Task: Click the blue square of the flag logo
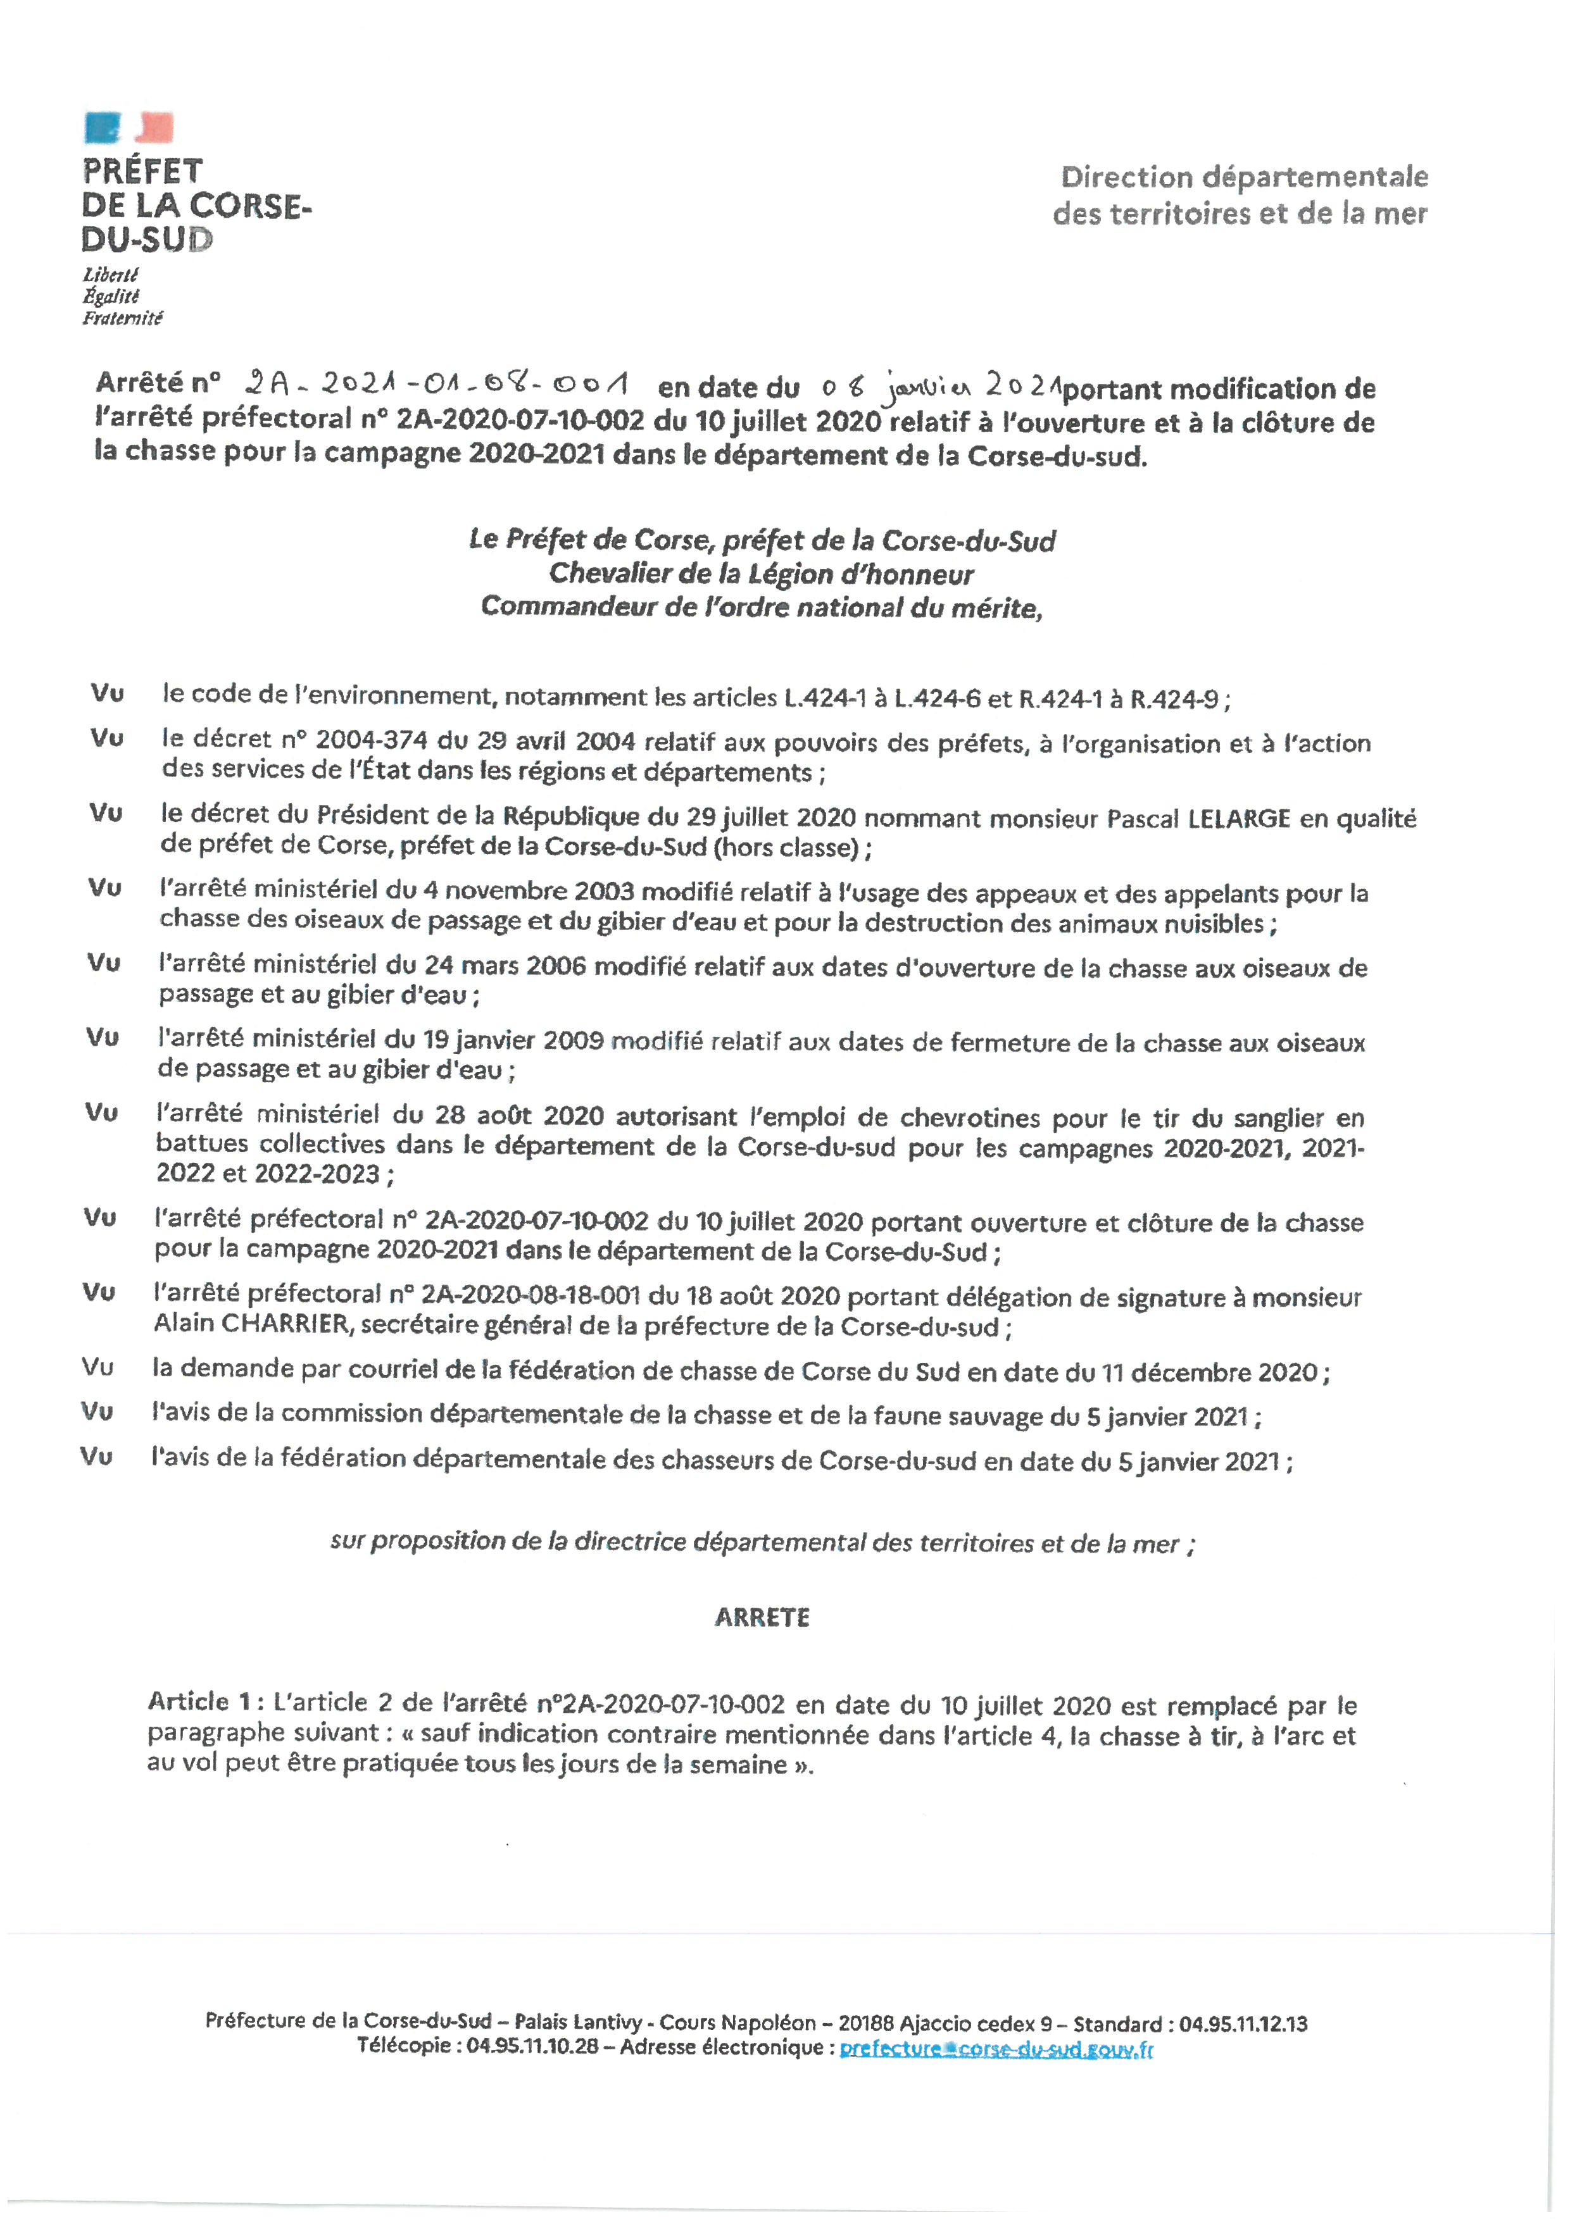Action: (103, 127)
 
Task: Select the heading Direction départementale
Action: (1244, 177)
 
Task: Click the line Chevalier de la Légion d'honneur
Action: (761, 574)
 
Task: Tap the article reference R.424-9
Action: (1174, 699)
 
